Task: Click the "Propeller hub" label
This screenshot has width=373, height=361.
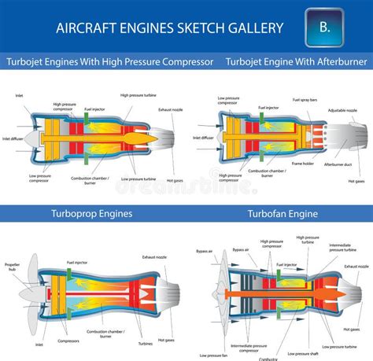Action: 12,267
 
